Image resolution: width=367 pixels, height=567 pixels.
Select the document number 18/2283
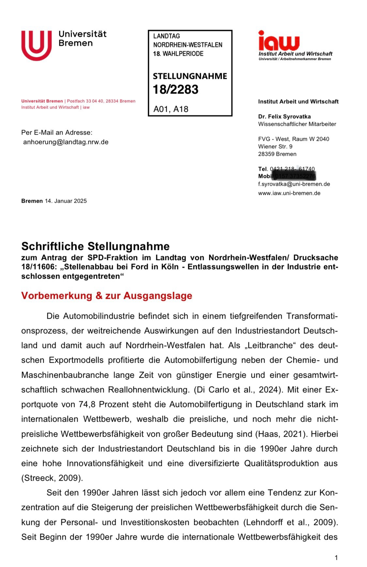click(176, 89)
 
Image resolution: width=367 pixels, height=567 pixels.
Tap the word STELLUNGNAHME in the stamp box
click(190, 76)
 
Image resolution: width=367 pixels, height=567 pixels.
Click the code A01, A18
click(171, 109)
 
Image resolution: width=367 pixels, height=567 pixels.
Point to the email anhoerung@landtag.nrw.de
click(66, 142)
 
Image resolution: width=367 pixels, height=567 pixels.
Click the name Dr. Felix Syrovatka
click(284, 116)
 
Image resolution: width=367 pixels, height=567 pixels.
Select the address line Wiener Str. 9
click(275, 146)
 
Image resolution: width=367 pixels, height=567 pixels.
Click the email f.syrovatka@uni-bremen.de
click(294, 184)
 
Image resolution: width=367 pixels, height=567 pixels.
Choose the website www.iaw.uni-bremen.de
click(289, 193)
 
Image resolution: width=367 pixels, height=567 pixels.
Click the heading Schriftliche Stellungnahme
click(95, 246)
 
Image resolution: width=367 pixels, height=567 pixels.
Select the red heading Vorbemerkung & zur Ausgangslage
click(107, 296)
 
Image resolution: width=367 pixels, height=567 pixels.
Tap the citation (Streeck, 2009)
click(52, 478)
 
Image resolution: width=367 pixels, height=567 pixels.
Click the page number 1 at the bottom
click(336, 558)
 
